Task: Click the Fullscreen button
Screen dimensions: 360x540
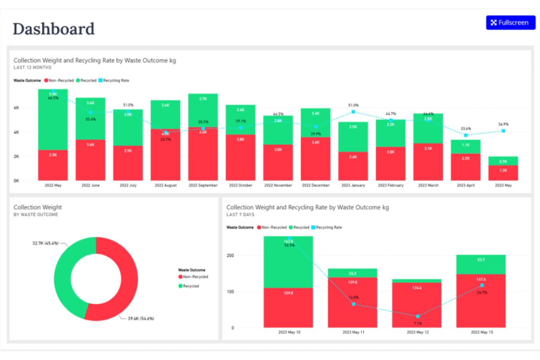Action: click(510, 23)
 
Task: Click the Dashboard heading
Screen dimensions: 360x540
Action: click(54, 29)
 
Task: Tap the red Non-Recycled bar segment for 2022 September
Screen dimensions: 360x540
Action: click(203, 155)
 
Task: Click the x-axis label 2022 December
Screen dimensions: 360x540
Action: click(316, 185)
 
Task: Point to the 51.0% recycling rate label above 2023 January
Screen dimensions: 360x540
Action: click(353, 105)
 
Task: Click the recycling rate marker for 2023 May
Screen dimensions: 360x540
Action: click(503, 131)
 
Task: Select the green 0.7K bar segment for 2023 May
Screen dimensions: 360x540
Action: click(503, 161)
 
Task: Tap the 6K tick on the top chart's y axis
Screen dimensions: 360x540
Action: click(16, 108)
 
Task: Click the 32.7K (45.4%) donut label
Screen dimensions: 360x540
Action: click(46, 243)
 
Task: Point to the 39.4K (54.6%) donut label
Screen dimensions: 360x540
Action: click(141, 319)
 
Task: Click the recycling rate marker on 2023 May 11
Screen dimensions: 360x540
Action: click(354, 304)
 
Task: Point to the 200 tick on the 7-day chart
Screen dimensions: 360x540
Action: click(230, 255)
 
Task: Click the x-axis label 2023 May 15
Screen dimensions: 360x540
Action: click(482, 332)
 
